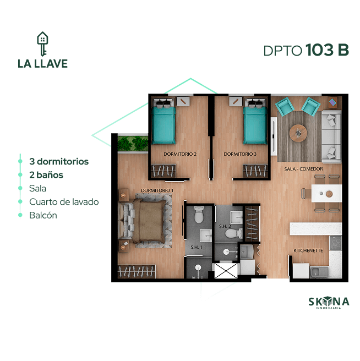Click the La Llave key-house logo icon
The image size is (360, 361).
click(42, 43)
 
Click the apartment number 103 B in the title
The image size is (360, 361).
click(327, 50)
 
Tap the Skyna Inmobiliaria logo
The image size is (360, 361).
click(329, 303)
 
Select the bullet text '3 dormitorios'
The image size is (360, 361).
click(59, 161)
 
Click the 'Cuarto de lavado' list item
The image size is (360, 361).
click(64, 202)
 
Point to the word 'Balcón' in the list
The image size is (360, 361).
click(43, 215)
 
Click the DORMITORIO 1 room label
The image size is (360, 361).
click(157, 190)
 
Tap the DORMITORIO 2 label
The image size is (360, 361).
click(180, 154)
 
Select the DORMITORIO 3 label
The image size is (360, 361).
click(240, 154)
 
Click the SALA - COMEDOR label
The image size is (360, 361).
click(303, 169)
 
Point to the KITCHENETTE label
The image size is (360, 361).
click(308, 250)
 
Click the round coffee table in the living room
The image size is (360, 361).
click(298, 133)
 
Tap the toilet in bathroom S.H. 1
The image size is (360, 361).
click(199, 215)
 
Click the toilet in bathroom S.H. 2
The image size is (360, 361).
click(233, 233)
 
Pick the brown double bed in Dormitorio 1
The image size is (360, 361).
click(149, 221)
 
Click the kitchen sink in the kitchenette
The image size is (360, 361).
click(319, 272)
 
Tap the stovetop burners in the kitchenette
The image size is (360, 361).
click(336, 243)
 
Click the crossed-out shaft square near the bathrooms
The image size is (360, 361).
click(226, 271)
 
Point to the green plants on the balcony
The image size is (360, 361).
click(133, 144)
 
